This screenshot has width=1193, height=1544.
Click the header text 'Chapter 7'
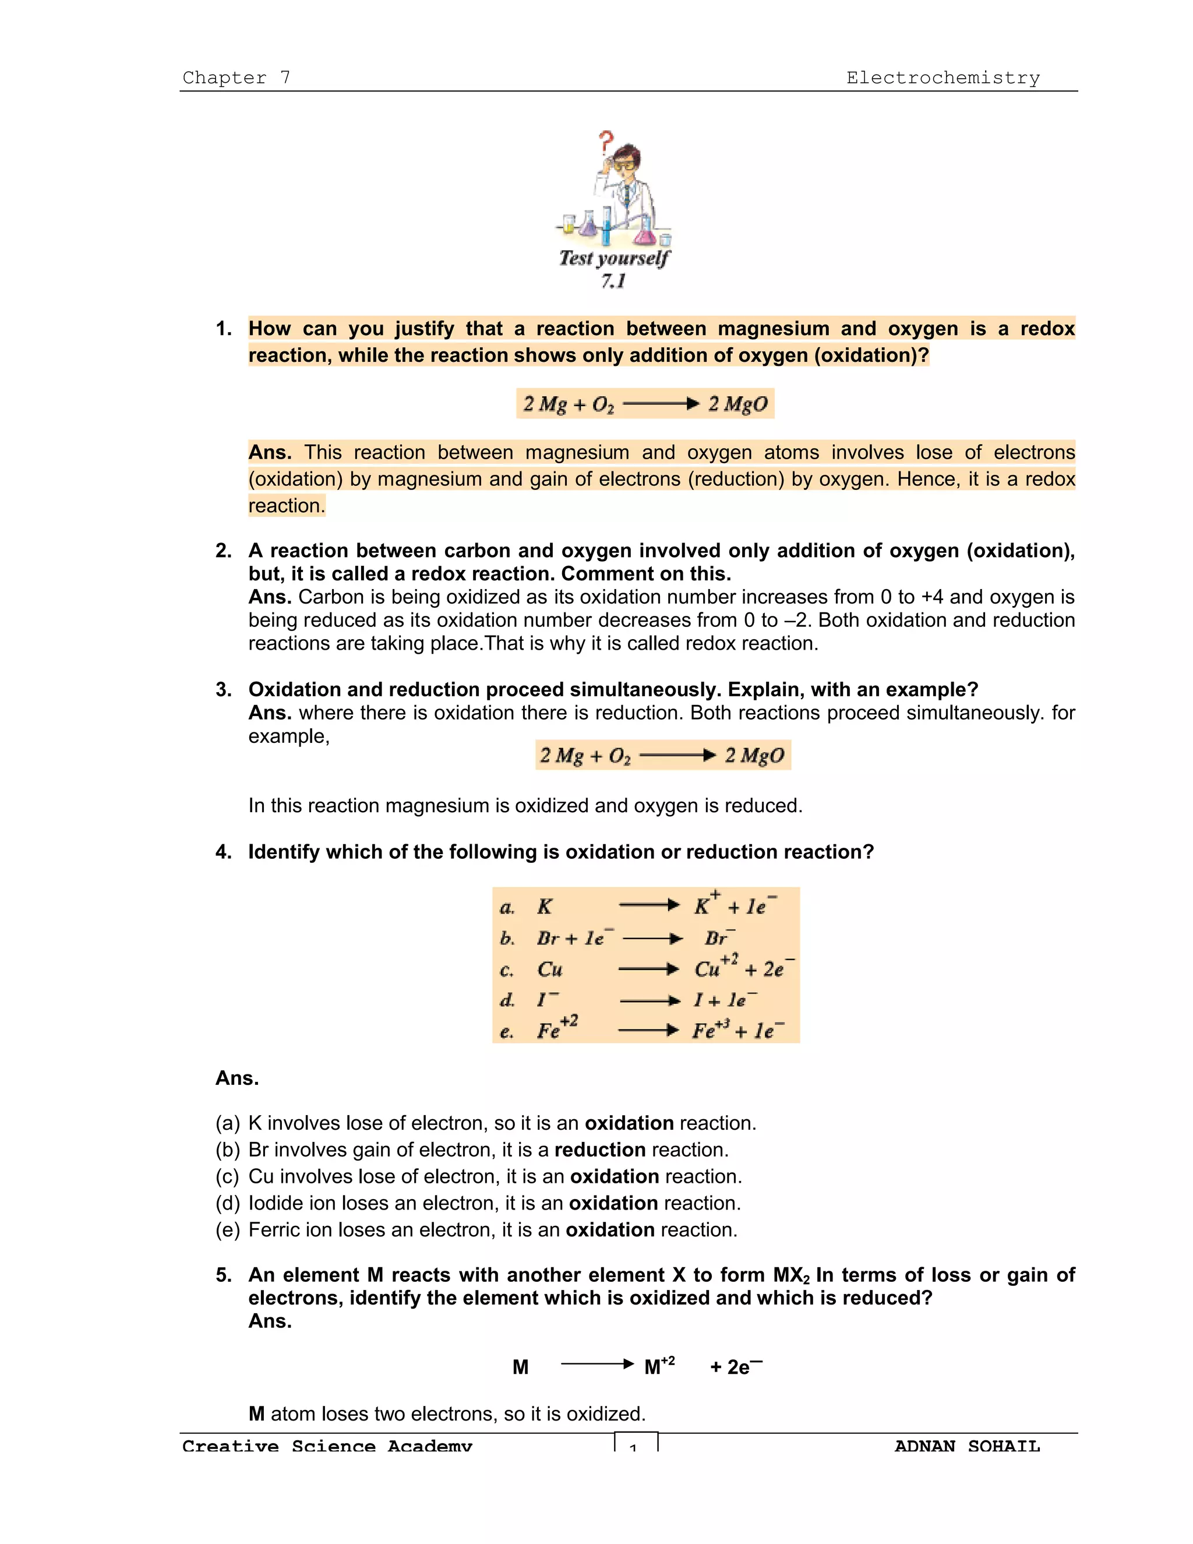pos(236,77)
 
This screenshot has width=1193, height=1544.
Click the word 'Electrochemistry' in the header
pos(943,77)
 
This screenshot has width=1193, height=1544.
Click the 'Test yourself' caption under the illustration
pos(613,259)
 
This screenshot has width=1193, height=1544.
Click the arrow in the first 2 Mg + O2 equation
pos(661,404)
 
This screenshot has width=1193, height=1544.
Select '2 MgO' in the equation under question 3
pos(754,756)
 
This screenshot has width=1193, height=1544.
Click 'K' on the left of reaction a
pos(544,907)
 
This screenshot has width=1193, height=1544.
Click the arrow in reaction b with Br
pos(652,939)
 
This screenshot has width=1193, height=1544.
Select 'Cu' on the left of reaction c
pos(549,970)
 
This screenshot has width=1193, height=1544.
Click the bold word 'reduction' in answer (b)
pos(599,1150)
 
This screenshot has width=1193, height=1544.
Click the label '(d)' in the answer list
pos(228,1203)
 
